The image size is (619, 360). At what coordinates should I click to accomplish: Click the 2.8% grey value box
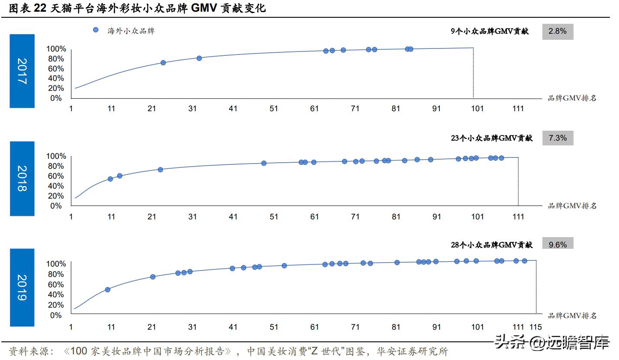click(x=558, y=31)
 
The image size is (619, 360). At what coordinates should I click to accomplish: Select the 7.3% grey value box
click(x=558, y=138)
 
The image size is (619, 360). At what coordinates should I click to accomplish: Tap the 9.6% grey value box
click(x=558, y=244)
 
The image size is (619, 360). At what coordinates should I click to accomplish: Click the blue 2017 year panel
click(x=22, y=71)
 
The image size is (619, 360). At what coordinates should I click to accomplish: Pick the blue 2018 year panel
click(x=22, y=178)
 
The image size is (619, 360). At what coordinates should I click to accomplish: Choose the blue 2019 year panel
click(x=22, y=287)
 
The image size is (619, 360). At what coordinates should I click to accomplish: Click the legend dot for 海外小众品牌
click(x=96, y=30)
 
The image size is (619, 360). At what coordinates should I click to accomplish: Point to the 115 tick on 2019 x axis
click(x=535, y=327)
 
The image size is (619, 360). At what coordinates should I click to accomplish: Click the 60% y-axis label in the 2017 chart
click(x=56, y=69)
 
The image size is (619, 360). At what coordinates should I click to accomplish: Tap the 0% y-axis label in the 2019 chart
click(x=56, y=315)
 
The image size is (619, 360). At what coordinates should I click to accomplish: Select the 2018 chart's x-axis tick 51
click(x=274, y=216)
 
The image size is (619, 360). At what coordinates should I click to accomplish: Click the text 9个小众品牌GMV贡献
click(x=490, y=31)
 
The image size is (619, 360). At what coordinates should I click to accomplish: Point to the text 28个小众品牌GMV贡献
click(x=492, y=245)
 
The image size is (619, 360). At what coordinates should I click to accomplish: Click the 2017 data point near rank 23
click(x=163, y=63)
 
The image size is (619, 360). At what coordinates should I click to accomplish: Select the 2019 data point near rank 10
click(x=107, y=289)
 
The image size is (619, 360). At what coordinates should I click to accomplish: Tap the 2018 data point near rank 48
click(x=264, y=163)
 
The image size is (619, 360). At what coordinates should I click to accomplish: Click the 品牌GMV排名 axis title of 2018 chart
click(x=572, y=206)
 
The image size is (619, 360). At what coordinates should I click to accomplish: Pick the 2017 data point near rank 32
click(x=199, y=58)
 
